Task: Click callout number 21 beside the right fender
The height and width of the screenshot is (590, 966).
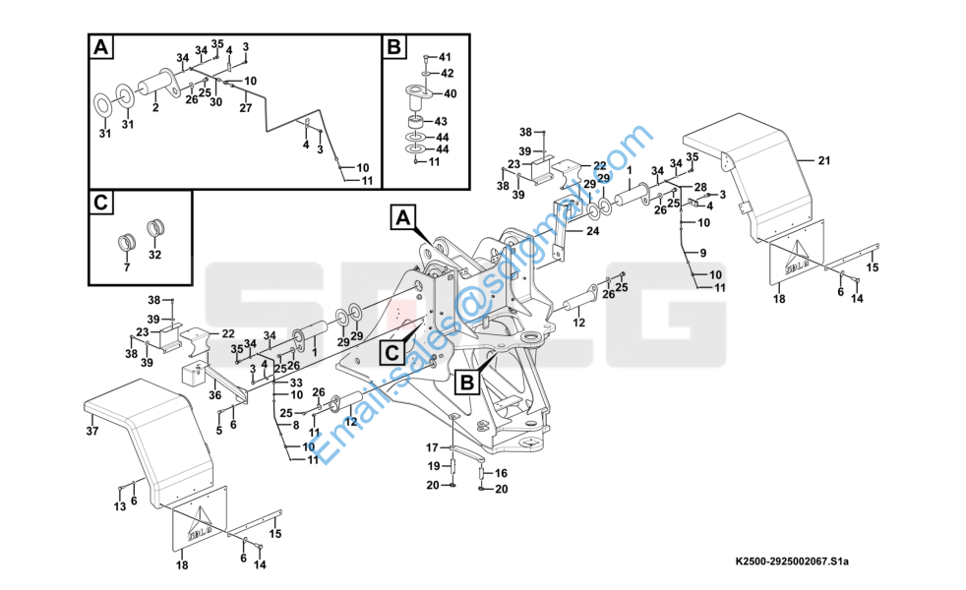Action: (824, 159)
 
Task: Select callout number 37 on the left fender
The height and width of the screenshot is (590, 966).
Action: (92, 430)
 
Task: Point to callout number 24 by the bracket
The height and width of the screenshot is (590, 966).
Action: (592, 231)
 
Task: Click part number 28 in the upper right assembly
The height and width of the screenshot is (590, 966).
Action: (700, 187)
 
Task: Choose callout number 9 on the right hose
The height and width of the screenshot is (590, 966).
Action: (701, 255)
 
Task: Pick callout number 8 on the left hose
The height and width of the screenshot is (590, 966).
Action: (295, 425)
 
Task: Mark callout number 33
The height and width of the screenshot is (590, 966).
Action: (295, 382)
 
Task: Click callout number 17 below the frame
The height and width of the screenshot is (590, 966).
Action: (432, 447)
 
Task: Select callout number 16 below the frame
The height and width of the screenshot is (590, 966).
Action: (501, 473)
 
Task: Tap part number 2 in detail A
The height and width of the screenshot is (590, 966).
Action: (155, 107)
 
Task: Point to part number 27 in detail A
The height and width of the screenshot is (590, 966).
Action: (245, 108)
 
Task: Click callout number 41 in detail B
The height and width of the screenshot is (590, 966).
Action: (445, 57)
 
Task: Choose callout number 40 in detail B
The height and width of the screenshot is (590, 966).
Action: (450, 93)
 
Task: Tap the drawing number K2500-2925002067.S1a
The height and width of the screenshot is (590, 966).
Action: (792, 561)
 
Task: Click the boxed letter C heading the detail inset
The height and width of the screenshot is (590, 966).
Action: (101, 204)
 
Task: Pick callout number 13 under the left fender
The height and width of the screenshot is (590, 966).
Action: (118, 506)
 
